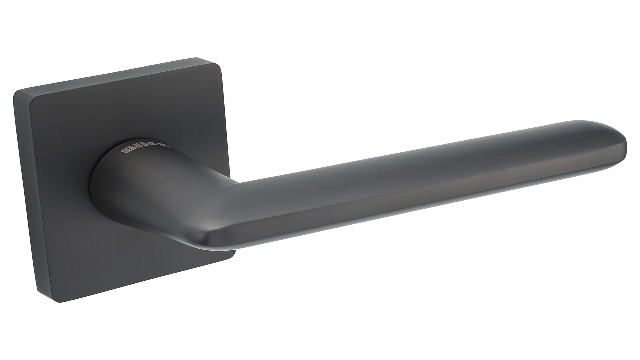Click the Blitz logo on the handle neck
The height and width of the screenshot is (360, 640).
pos(146,149)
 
